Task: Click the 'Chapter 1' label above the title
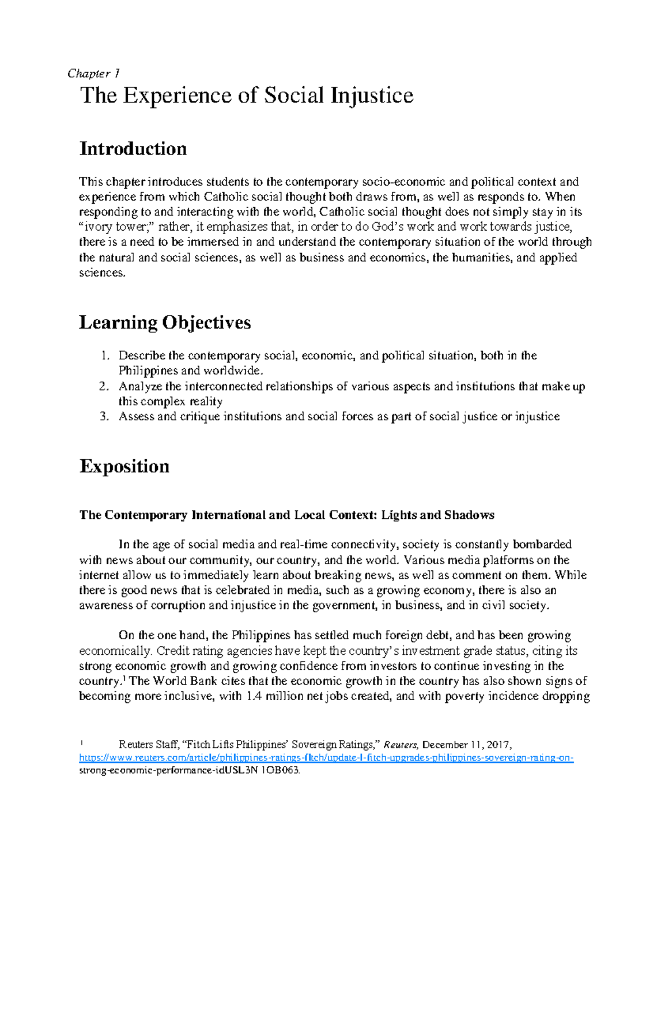click(x=93, y=73)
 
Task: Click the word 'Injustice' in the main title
click(x=372, y=96)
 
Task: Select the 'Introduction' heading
click(x=133, y=149)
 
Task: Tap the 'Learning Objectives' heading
click(x=165, y=322)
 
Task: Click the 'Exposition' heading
click(x=124, y=466)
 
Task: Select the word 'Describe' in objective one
click(x=142, y=356)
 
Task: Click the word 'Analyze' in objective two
click(x=141, y=386)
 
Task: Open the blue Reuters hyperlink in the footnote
click(x=326, y=758)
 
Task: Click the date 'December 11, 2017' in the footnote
click(x=466, y=745)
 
